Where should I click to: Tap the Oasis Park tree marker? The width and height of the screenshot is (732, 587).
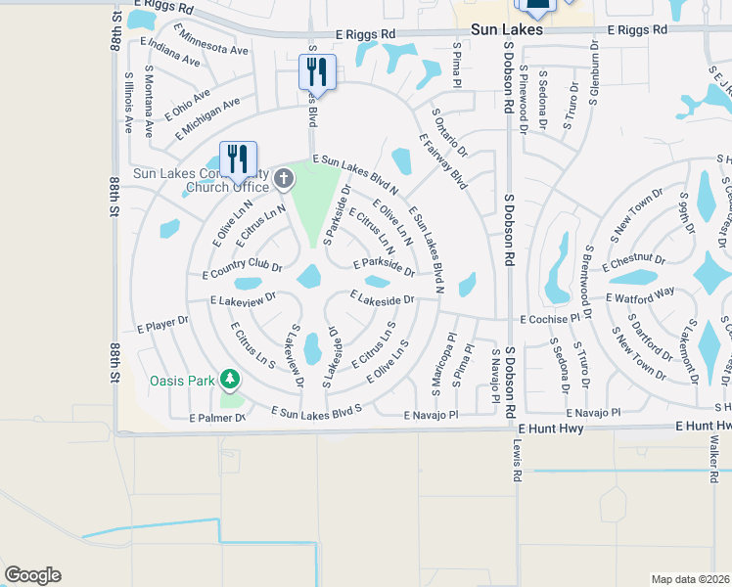coord(229,379)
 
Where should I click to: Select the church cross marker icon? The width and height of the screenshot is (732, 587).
coord(284,177)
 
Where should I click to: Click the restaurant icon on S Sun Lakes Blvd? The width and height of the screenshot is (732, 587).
coord(317,71)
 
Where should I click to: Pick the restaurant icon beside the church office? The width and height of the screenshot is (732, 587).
coord(239,158)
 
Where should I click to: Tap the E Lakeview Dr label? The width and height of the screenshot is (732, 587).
coord(243,298)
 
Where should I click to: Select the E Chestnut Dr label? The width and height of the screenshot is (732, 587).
coord(633,263)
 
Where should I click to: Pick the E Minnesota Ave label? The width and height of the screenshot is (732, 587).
coord(195,46)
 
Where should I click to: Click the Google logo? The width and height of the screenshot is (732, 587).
coord(32,575)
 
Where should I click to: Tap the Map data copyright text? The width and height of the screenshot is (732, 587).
coord(690,579)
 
